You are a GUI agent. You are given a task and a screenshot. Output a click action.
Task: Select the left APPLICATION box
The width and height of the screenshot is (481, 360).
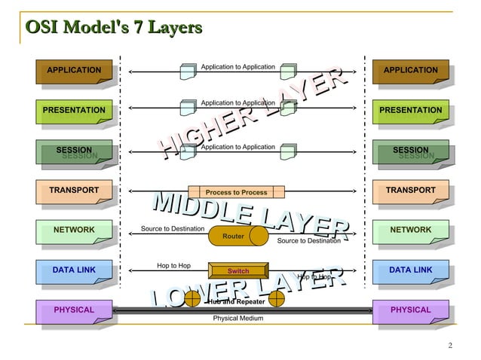coord(74,71)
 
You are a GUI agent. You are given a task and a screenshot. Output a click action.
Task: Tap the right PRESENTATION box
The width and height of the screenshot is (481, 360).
coord(410,111)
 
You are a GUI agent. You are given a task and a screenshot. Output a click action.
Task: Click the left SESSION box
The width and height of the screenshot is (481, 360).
coord(74,151)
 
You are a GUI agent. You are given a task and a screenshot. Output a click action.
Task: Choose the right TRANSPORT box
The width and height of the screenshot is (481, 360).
coord(410,191)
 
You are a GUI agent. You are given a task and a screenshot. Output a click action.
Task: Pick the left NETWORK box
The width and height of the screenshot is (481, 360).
coord(74,230)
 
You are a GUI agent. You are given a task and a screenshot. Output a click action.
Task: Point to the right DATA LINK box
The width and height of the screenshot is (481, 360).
coord(410,270)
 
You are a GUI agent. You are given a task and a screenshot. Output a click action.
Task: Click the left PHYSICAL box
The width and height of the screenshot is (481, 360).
coord(74,310)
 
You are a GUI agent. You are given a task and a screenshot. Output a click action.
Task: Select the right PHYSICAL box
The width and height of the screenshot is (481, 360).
coord(410,310)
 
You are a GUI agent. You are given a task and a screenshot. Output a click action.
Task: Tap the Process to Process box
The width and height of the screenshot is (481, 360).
coord(236,192)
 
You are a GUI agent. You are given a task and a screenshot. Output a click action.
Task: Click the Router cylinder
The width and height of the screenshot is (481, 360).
coord(237,236)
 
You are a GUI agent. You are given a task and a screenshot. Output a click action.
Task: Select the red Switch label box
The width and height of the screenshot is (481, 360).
coord(238,271)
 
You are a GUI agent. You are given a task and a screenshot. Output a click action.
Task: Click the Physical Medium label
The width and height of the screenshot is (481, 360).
coord(237,319)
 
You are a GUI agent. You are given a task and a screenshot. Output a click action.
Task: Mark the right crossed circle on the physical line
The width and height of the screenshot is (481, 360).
coord(277,299)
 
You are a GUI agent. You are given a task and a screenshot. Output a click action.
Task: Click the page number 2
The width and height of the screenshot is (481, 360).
coord(449,346)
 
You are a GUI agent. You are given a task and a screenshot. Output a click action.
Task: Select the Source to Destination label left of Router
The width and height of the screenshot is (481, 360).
coord(173,228)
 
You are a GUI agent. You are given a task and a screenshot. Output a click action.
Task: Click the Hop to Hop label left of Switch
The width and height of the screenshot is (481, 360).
coord(173,266)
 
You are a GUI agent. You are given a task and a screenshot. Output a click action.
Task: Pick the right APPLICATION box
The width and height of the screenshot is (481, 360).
coord(410,71)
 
